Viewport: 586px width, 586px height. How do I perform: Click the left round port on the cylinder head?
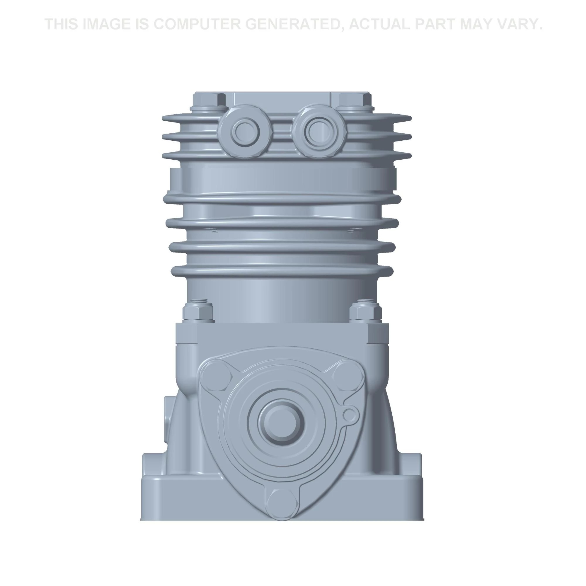(x=245, y=131)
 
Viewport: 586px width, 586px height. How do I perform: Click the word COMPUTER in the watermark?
(x=196, y=24)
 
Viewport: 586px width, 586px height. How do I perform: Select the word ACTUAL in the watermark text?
(x=380, y=24)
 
